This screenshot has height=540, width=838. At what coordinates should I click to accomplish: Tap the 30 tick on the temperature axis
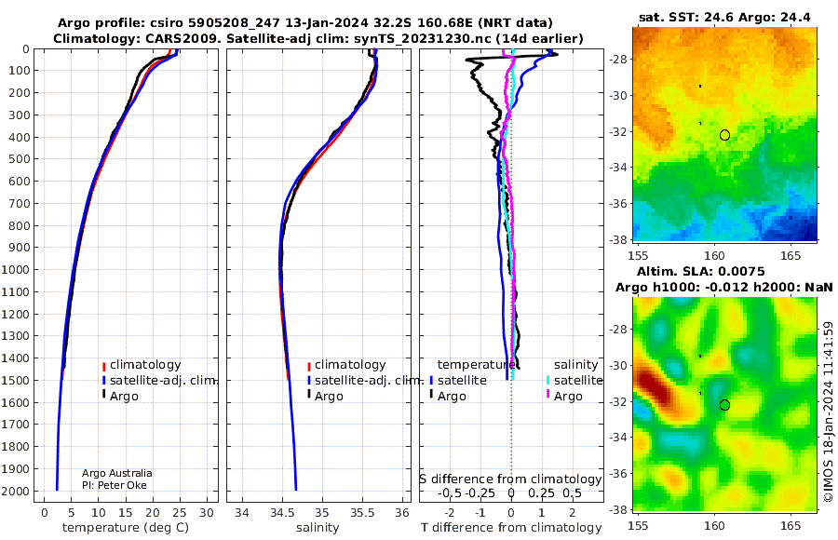207,512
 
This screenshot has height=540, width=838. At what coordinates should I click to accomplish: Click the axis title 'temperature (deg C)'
126,528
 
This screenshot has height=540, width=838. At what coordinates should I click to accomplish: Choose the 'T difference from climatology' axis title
511,528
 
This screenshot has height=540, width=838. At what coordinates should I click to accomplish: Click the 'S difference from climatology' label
510,479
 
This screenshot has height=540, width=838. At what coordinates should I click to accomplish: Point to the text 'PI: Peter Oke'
115,485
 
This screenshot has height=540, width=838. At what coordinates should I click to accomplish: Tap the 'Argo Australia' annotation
117,473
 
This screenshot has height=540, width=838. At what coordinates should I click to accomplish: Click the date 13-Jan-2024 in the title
326,23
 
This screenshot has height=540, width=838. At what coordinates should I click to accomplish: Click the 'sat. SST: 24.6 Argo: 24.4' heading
724,18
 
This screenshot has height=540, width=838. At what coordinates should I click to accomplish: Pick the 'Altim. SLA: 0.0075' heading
700,272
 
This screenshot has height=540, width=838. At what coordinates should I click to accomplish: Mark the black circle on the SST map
724,135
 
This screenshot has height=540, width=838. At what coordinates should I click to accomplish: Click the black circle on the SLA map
724,405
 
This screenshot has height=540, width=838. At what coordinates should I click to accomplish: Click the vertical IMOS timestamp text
829,412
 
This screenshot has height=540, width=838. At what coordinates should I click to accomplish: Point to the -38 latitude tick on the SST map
618,239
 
